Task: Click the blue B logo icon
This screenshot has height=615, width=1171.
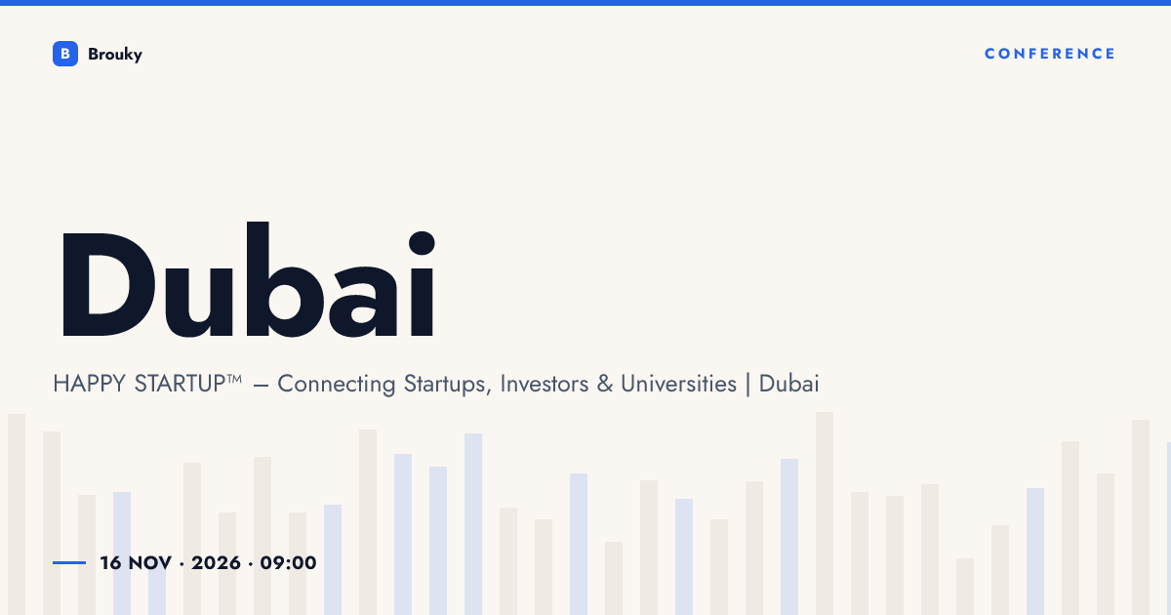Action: [x=65, y=54]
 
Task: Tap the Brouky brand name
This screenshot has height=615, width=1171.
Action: [x=115, y=55]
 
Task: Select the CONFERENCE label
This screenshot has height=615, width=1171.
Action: [x=1050, y=54]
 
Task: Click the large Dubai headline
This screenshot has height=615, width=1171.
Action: [x=248, y=279]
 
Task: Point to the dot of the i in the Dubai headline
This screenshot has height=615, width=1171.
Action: [x=422, y=243]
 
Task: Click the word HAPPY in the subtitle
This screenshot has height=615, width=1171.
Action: [x=90, y=384]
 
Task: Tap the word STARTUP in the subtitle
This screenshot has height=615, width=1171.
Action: [x=180, y=384]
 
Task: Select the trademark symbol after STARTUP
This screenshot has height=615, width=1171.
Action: [x=234, y=378]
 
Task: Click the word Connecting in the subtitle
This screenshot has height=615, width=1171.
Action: [x=336, y=385]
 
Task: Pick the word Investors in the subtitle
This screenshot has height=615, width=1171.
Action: [x=545, y=384]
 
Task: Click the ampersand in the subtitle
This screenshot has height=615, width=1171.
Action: [x=605, y=384]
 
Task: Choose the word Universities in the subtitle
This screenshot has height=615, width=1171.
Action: [x=678, y=384]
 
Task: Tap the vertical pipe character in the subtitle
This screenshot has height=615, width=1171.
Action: [x=747, y=385]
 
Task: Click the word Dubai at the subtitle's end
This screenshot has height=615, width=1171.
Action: [x=788, y=384]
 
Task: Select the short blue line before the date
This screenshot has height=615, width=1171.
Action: [x=69, y=562]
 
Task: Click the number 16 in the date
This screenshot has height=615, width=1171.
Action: [x=111, y=563]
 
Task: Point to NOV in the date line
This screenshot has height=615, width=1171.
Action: [x=150, y=563]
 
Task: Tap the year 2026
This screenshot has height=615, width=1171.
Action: [x=216, y=563]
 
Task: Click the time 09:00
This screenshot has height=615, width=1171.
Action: [x=288, y=563]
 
